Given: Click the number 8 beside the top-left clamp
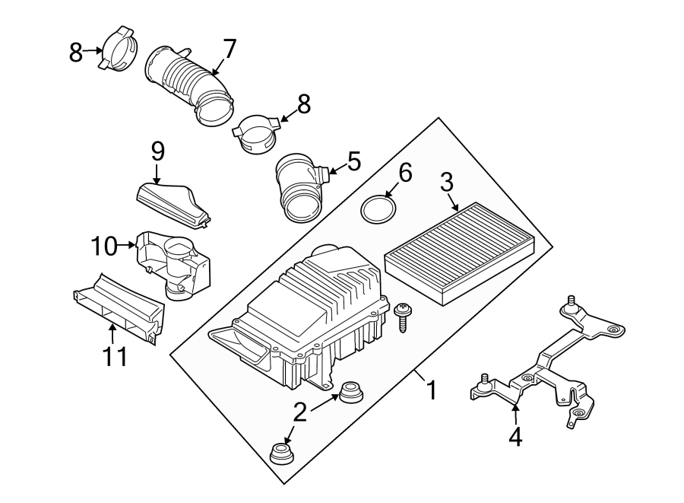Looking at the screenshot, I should pos(76,52).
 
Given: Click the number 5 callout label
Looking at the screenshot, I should pos(353,161).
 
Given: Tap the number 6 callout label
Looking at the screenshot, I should pos(404,173).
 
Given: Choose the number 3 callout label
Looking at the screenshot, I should pos(446,182).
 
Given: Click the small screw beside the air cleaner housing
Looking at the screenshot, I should pos(402,316).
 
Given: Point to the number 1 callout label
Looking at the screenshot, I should pos(431,390).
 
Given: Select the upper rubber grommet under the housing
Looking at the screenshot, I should pos(350,393).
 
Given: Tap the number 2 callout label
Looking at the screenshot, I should pos(300,412).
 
